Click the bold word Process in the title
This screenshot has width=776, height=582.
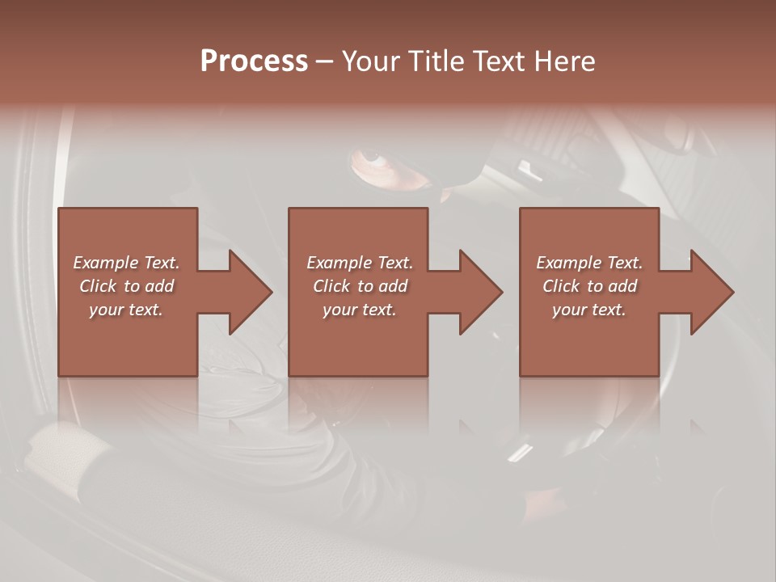(x=254, y=61)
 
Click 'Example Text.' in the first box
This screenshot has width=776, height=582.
(x=127, y=263)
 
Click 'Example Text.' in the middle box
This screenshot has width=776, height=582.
(x=360, y=263)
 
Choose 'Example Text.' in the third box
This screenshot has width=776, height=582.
(x=589, y=263)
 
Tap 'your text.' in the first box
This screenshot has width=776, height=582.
(x=126, y=310)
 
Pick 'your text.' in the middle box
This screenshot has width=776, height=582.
(x=360, y=310)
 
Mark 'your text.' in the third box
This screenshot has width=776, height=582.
(x=589, y=310)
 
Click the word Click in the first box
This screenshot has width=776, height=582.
(x=98, y=286)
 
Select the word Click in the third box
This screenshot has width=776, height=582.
(x=561, y=286)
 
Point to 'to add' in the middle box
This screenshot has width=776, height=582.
(x=381, y=286)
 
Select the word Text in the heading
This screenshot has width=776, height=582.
(x=496, y=61)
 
